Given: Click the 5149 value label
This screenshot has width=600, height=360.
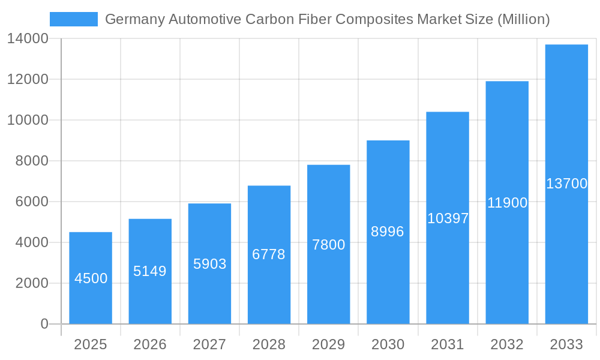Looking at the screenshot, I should point(150,271).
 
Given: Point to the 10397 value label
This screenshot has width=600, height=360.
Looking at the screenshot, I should point(448,218).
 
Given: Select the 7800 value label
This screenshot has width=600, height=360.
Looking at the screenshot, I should point(329,245).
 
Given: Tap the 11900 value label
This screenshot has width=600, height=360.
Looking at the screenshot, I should point(507,203).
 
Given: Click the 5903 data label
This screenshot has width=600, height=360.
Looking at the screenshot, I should point(209,264).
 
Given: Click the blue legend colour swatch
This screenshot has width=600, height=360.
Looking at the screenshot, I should point(73,19).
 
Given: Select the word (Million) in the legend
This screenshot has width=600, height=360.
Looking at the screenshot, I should point(523,20).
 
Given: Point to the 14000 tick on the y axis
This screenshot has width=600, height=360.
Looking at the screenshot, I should point(28,39).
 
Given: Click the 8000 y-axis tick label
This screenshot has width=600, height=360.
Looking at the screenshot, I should point(32,161).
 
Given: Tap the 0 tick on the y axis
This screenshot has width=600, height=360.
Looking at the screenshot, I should point(44,324).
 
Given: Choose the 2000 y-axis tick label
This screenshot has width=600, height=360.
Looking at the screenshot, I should point(32,283).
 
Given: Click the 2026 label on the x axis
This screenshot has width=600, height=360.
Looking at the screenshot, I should point(150,344).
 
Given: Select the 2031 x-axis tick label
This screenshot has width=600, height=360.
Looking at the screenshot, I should point(448,344).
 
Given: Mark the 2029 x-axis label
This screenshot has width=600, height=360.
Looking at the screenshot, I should point(329,344).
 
